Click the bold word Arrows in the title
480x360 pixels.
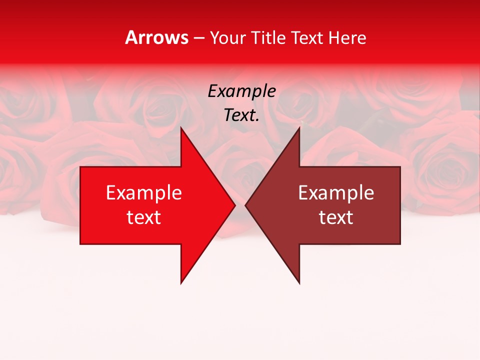point(156,37)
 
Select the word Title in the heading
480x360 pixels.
point(268,37)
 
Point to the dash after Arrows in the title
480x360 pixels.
point(198,38)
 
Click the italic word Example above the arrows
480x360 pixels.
point(242,91)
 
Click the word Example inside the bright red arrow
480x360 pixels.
point(144,193)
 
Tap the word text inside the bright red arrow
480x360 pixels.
point(144,217)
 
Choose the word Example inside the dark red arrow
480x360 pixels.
point(336,193)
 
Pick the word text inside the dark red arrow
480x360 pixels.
point(336,217)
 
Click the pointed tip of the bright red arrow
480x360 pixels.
point(235,205)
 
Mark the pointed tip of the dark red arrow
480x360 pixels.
point(245,205)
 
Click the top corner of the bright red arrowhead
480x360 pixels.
point(181,127)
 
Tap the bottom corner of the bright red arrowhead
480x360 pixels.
point(181,283)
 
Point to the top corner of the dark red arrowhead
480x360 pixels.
point(299,127)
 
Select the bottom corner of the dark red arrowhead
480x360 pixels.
point(299,283)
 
